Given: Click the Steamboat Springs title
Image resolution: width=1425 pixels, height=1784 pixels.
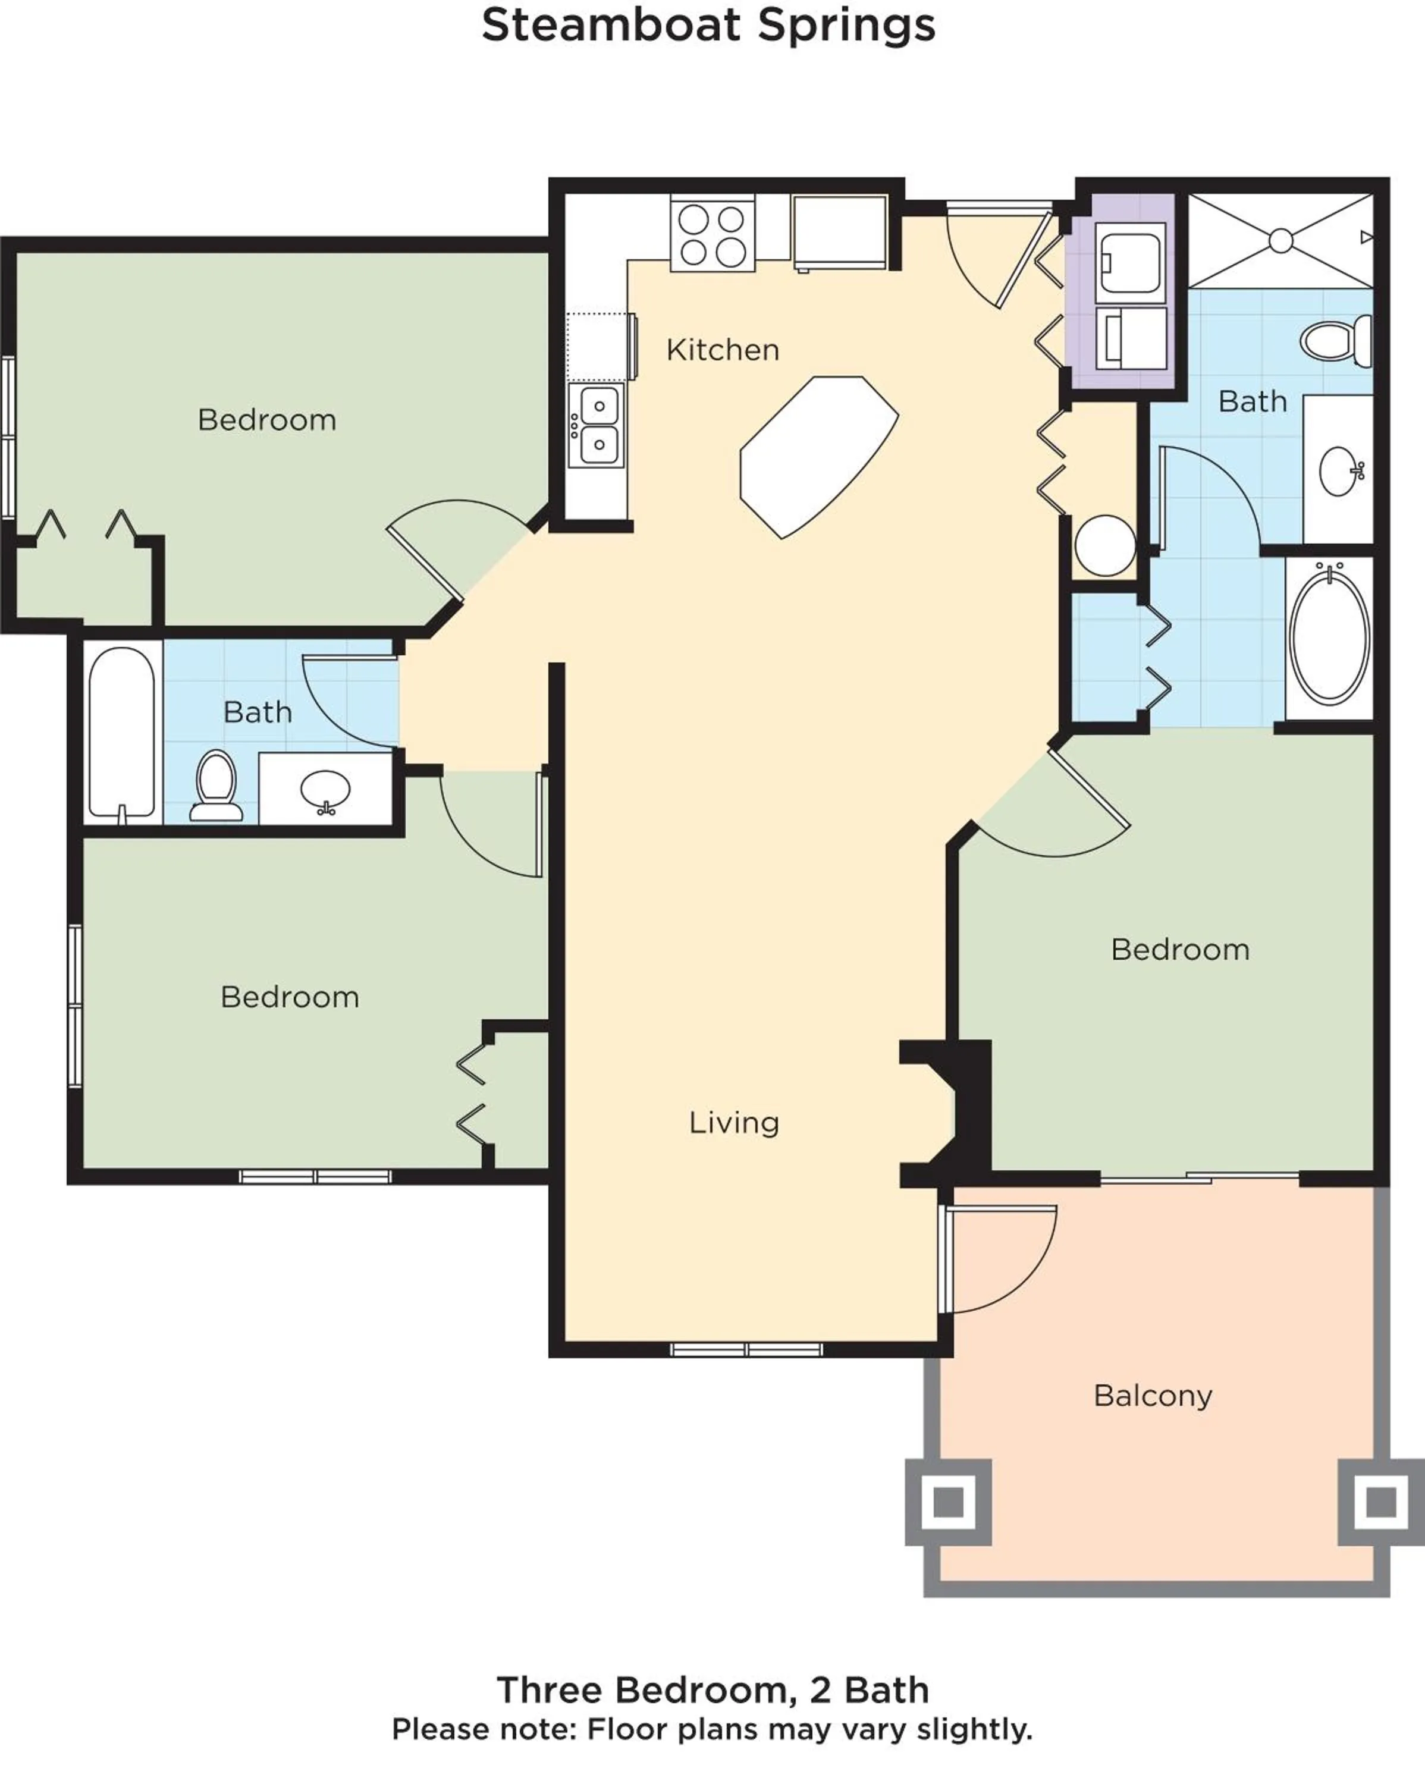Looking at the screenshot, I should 708,25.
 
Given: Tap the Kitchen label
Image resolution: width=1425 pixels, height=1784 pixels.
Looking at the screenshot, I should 723,350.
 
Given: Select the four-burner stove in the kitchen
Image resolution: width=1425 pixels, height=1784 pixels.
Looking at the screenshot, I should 712,234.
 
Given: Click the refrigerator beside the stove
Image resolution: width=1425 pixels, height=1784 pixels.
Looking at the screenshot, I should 840,232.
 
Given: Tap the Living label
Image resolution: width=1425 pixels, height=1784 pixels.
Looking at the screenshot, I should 734,1123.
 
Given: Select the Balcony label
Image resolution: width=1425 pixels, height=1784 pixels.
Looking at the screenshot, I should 1153,1396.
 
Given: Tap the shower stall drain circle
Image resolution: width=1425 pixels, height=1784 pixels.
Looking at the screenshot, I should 1280,241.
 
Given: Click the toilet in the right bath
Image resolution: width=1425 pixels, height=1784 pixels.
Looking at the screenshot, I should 1334,341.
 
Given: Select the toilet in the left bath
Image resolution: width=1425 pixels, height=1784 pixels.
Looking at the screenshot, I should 217,784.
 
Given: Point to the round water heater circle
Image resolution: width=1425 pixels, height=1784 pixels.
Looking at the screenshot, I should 1105,545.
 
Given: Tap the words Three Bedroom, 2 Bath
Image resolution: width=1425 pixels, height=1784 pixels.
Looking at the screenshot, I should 712,1689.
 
